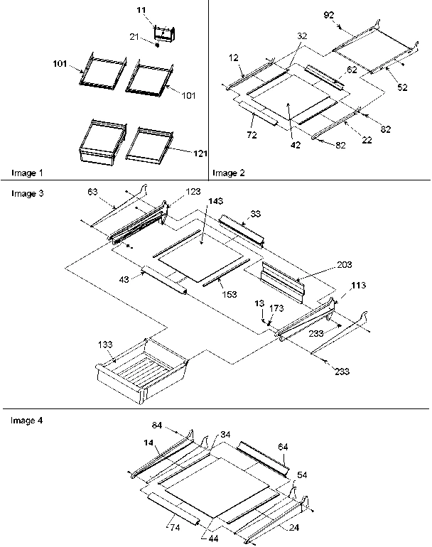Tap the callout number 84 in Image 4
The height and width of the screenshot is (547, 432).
pos(156,425)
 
